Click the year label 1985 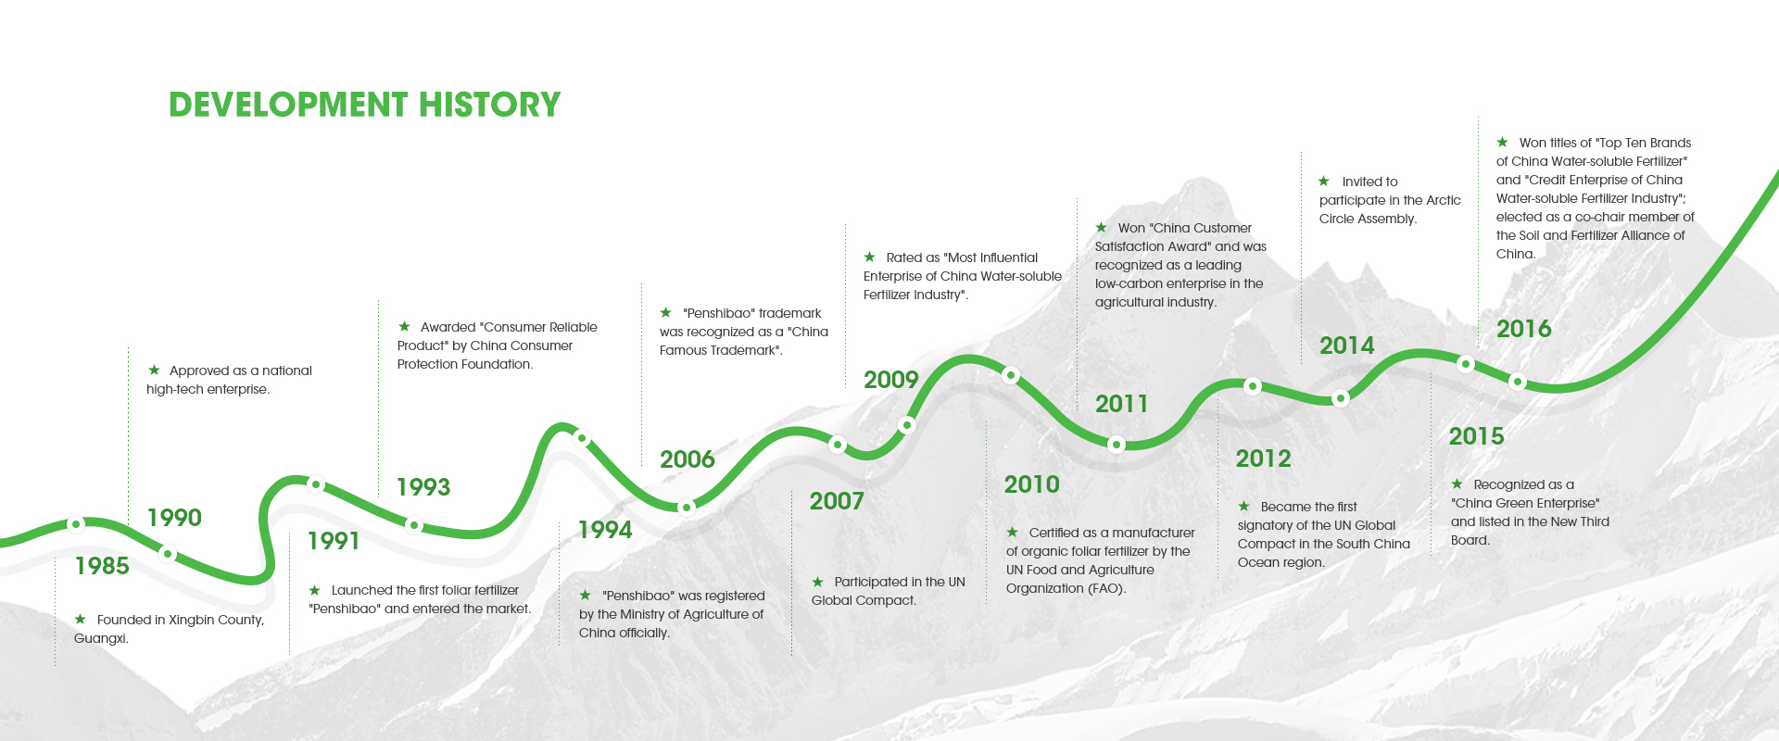point(102,566)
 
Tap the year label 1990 point(174,518)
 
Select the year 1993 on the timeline point(423,487)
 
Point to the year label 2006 point(688,459)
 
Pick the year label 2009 point(891,380)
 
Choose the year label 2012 point(1264,458)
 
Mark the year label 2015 point(1477,436)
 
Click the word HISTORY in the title point(489,105)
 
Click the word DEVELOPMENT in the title point(288,105)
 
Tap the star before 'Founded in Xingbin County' point(81,619)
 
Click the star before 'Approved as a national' point(154,370)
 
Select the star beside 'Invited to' point(1324,181)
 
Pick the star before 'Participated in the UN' point(818,582)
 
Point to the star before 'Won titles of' point(1502,142)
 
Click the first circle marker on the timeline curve point(77,524)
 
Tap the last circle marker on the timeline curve point(1518,382)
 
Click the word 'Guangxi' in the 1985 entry point(100,639)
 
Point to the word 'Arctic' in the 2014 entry point(1444,200)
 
